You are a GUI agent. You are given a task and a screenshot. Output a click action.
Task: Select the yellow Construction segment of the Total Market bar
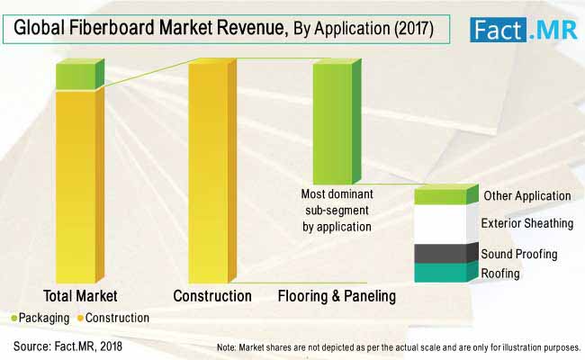click(x=75, y=184)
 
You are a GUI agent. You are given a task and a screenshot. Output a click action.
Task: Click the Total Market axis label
click(x=80, y=295)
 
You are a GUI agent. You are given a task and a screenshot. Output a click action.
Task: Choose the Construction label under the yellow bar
click(x=212, y=295)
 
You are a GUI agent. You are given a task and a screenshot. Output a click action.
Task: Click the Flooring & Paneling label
click(x=337, y=295)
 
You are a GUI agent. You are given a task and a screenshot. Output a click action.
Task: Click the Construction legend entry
click(x=113, y=318)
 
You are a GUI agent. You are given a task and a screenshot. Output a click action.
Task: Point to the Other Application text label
click(x=526, y=195)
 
